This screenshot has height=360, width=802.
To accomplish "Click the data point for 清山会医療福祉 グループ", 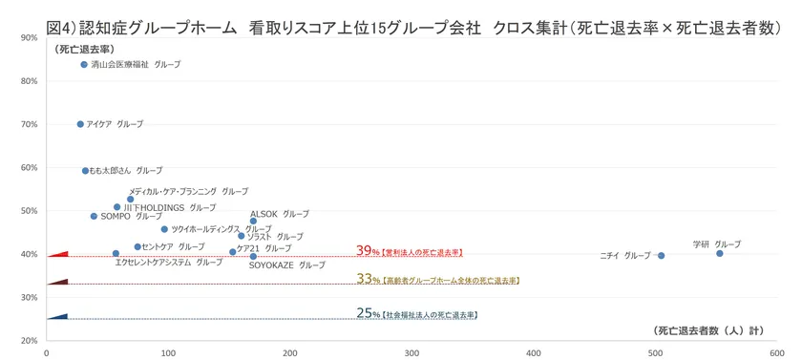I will pyautogui.click(x=84, y=65).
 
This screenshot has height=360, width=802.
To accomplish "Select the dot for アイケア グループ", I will pyautogui.click(x=80, y=124).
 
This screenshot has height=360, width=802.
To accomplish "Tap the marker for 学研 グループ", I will pyautogui.click(x=720, y=253).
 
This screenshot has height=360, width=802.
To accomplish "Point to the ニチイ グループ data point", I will pyautogui.click(x=661, y=256).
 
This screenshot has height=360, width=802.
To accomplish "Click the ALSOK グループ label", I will pyautogui.click(x=280, y=214).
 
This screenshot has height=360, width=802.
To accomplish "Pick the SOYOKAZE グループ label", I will pyautogui.click(x=286, y=265).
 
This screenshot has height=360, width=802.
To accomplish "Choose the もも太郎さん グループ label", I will pyautogui.click(x=126, y=171).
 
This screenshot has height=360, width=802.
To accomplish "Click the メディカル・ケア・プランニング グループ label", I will pyautogui.click(x=188, y=191).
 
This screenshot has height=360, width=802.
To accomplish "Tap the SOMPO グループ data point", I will pyautogui.click(x=94, y=216).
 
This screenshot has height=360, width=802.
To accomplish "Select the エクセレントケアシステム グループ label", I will pyautogui.click(x=168, y=262).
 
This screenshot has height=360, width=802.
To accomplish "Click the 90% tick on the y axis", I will pyautogui.click(x=28, y=37).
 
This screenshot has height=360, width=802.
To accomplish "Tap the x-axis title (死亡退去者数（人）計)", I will pyautogui.click(x=707, y=331).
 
